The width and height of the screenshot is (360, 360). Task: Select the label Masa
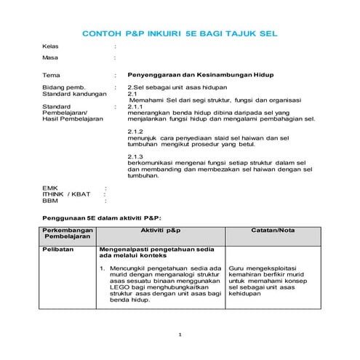[50, 57]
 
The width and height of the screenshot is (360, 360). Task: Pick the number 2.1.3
[136, 157]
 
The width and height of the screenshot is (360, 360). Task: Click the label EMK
[50, 188]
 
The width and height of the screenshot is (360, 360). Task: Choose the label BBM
[50, 201]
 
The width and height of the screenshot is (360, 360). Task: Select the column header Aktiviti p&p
[160, 230]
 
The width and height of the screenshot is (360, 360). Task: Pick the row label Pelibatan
[56, 250]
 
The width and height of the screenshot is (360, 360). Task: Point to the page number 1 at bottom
[180, 335]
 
